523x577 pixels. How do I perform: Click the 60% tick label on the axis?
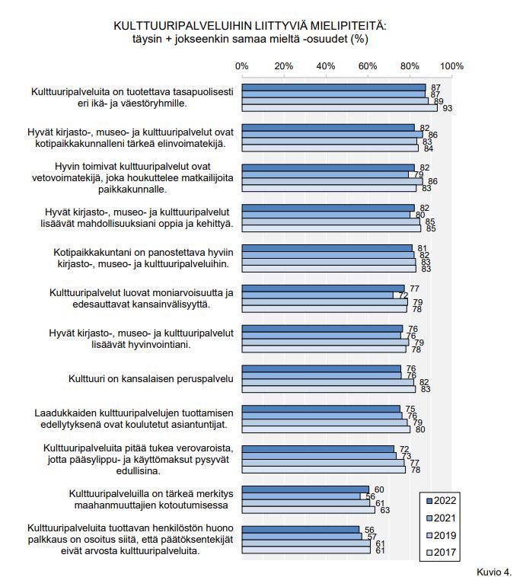pyautogui.click(x=367, y=66)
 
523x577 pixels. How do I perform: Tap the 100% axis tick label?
pyautogui.click(x=451, y=66)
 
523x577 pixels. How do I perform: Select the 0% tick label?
pyautogui.click(x=242, y=66)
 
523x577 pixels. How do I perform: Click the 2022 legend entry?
pyautogui.click(x=441, y=501)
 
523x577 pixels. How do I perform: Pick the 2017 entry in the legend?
pyautogui.click(x=441, y=553)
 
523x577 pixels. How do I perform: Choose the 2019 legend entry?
pyautogui.click(x=441, y=535)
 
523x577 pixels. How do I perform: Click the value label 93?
pyautogui.click(x=447, y=109)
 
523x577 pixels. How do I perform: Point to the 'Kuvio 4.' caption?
pyautogui.click(x=494, y=572)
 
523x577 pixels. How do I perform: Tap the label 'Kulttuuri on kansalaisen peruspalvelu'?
pyautogui.click(x=151, y=379)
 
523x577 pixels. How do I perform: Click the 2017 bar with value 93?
pyautogui.click(x=340, y=108)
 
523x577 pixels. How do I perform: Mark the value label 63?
pyautogui.click(x=385, y=511)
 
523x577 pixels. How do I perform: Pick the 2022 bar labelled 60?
pyautogui.click(x=305, y=489)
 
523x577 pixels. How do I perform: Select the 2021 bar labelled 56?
pyautogui.click(x=301, y=496)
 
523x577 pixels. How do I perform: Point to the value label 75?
pyautogui.click(x=410, y=410)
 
